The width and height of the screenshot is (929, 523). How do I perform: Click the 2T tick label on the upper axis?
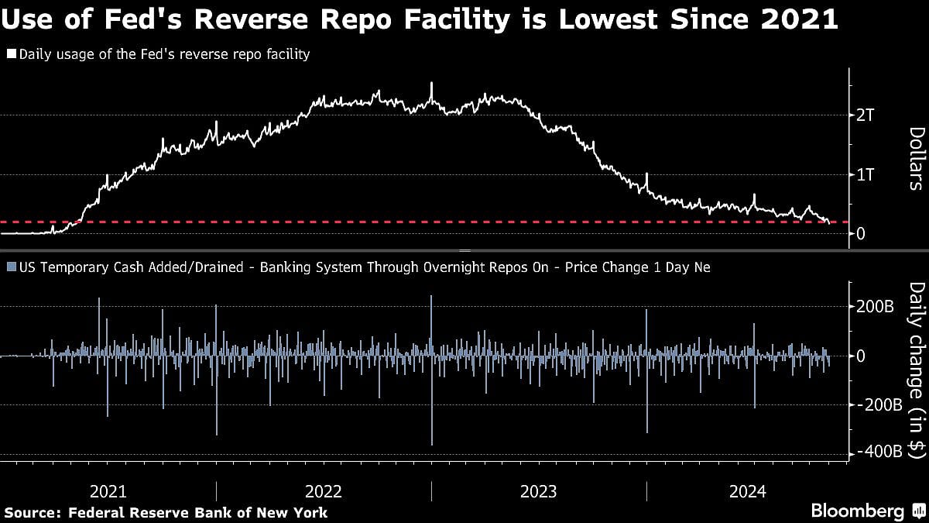point(866,115)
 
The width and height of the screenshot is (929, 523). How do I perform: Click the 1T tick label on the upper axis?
point(866,175)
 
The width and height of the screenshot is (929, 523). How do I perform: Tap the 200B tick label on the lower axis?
point(875,307)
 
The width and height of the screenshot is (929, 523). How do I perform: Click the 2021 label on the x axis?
point(108,491)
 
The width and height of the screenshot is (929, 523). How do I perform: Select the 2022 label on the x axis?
point(324,491)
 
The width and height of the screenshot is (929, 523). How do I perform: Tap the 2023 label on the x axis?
point(539,491)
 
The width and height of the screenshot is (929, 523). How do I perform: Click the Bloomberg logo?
point(857,511)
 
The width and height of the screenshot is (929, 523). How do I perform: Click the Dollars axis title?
point(914,159)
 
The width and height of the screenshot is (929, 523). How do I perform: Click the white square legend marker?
point(11,54)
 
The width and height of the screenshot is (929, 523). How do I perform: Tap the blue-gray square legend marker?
point(11,267)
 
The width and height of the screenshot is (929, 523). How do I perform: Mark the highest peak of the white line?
point(431,83)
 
